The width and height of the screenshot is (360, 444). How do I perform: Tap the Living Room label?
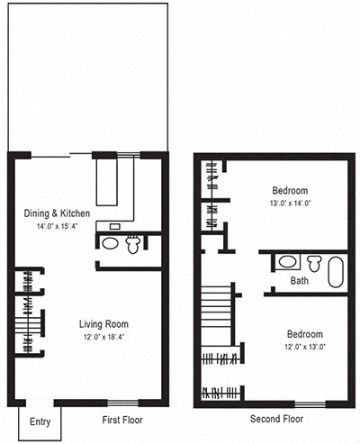point(104,324)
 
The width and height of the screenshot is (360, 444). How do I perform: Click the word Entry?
point(40,421)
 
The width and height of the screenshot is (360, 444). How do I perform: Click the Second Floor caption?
point(276,420)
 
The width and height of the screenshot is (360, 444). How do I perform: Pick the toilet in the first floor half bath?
point(133,243)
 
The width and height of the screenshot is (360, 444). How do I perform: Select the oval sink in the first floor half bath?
point(110,243)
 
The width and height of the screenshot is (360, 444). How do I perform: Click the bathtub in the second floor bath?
point(335,270)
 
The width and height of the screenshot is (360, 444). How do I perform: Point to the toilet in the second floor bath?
point(312,263)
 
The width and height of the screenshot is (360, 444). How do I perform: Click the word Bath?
point(300,281)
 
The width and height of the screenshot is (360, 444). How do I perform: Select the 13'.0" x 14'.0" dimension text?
point(290,204)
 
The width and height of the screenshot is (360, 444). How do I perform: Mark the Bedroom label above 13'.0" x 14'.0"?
point(290,191)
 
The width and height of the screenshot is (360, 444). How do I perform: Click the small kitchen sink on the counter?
point(115,226)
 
